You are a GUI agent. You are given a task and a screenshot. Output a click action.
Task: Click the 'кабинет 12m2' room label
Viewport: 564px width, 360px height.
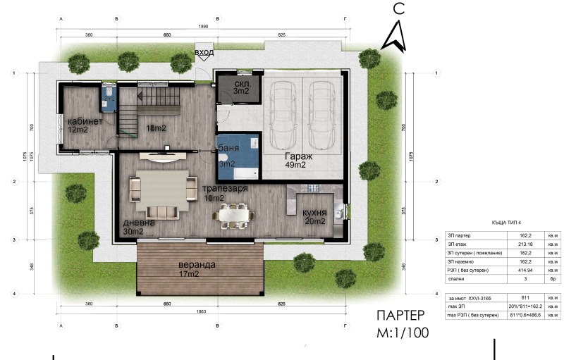pos(85,125)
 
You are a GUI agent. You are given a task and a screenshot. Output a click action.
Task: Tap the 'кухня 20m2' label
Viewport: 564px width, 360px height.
pos(310,216)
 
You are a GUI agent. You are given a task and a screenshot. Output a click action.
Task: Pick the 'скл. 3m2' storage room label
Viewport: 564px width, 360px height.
pos(242,87)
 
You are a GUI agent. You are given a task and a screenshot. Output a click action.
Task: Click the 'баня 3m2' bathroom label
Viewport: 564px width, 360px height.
pos(227,155)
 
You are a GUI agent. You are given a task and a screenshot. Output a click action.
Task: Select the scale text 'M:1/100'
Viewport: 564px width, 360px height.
pos(402,333)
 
